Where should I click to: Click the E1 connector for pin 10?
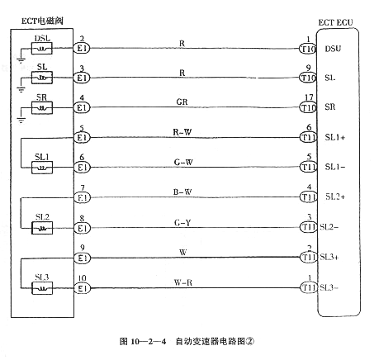point(81,288)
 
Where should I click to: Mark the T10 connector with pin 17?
point(307,108)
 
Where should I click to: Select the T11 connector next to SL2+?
point(307,197)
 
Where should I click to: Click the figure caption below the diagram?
point(188,340)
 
